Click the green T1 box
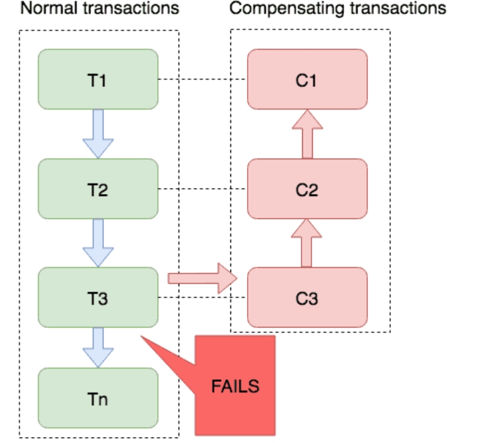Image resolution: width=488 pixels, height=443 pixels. [x=98, y=79]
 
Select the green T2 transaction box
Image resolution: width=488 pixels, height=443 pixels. [x=98, y=189]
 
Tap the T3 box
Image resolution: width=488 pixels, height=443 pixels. [x=98, y=298]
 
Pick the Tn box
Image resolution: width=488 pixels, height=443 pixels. [x=98, y=398]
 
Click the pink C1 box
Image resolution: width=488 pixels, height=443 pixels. [x=307, y=79]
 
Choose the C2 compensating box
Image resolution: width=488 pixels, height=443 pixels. [x=307, y=189]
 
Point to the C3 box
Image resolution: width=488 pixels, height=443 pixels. [x=307, y=298]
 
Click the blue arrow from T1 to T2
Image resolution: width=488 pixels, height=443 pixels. [x=98, y=134]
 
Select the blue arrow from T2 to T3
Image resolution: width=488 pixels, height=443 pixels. [x=98, y=243]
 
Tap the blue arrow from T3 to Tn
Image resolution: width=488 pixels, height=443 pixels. [x=98, y=348]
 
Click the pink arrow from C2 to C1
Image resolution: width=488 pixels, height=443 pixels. [x=307, y=134]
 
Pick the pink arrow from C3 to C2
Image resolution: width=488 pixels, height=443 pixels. [x=307, y=243]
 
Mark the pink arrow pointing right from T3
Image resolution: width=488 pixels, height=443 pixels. [x=203, y=278]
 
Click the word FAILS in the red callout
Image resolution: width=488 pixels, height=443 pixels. [x=235, y=387]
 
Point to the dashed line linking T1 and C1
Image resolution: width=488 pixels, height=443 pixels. [x=203, y=79]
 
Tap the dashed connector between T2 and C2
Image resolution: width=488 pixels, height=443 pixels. [x=203, y=189]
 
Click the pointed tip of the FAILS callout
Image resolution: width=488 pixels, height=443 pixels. [x=141, y=336]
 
